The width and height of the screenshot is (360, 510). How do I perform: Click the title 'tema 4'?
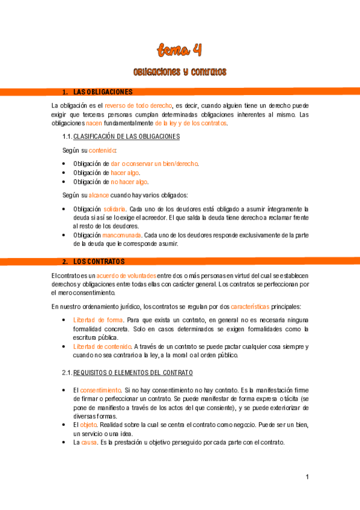180,49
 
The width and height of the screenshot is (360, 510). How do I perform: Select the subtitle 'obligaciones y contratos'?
180,72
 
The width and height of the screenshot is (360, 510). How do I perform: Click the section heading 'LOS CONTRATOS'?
99,262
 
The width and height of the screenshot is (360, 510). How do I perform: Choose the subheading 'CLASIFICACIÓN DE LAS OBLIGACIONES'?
126,137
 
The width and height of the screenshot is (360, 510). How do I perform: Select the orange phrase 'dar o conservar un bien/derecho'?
154,164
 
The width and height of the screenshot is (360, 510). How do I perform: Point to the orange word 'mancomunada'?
122,235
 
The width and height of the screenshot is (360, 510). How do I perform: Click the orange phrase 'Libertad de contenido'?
102,346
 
